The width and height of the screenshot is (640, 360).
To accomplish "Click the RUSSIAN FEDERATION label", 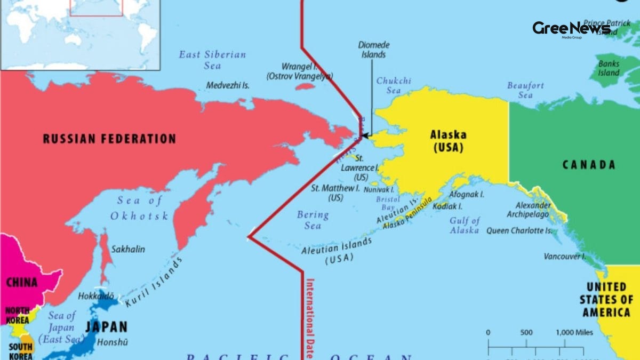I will [x=109, y=139].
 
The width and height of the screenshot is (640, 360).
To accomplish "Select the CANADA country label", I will [x=589, y=165].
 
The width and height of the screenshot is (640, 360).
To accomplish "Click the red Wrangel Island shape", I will [x=306, y=86].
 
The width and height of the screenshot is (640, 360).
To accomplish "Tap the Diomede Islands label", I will [x=373, y=50].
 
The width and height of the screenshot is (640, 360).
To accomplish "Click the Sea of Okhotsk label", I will [x=139, y=208].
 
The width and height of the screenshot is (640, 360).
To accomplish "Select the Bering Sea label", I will [x=313, y=220].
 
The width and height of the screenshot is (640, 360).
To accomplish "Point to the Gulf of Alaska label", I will [x=465, y=225].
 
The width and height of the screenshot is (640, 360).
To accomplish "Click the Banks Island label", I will [x=609, y=68].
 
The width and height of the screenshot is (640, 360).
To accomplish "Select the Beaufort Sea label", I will [x=525, y=90].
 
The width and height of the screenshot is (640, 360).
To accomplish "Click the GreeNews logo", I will [x=571, y=28].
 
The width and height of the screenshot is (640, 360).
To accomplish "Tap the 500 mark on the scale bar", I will [x=526, y=333].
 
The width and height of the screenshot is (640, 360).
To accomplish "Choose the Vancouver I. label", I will [x=565, y=257].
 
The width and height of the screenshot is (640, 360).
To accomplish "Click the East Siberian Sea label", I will [x=212, y=60].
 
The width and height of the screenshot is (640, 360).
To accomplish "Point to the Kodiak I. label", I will [x=447, y=206].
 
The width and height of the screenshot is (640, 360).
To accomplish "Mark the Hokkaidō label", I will [x=96, y=296].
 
